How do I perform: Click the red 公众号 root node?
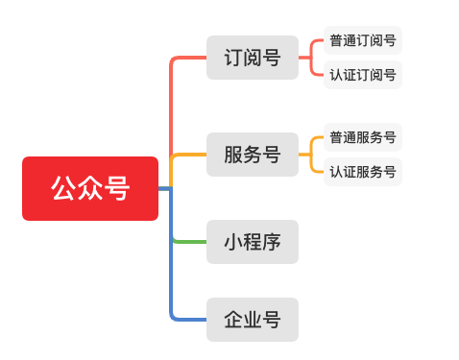90,188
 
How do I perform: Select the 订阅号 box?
253,58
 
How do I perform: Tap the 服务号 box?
253,154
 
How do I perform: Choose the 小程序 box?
253,241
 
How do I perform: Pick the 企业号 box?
253,319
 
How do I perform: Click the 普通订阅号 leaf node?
362,41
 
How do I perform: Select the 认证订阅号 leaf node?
362,75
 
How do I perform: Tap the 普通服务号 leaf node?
362,137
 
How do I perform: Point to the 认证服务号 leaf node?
362,171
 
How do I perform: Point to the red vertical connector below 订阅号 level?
171,106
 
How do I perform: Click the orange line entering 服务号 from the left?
190,154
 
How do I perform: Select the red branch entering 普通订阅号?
317,42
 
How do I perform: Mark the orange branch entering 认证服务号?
317,170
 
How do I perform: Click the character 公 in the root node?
64,188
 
